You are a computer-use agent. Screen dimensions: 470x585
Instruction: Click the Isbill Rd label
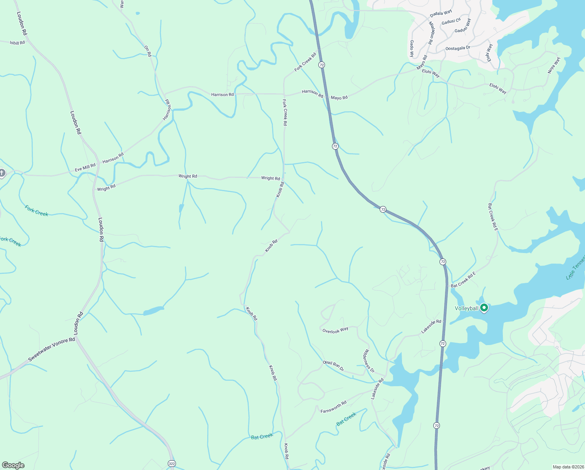[17, 43]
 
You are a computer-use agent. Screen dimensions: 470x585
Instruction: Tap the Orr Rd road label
[147, 51]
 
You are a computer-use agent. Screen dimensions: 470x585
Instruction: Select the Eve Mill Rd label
[85, 168]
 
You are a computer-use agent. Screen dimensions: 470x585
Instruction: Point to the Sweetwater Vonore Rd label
[52, 350]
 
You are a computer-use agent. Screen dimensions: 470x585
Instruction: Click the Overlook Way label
[335, 330]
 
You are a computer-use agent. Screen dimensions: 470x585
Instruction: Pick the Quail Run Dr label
[334, 365]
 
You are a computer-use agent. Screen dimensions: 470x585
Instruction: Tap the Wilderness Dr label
[369, 361]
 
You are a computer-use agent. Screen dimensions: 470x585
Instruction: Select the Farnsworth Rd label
[334, 407]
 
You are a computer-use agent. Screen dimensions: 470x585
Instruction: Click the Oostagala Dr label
[458, 48]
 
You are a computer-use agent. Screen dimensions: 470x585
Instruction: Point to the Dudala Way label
[441, 14]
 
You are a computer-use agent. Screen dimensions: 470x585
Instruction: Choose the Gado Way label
[412, 49]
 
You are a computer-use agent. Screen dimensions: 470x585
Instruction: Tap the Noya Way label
[554, 65]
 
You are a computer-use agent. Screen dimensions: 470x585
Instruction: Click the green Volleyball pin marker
[484, 308]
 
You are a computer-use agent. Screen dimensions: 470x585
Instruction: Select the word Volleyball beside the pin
[467, 309]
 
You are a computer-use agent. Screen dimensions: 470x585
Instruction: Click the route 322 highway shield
[172, 464]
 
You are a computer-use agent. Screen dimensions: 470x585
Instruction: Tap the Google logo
[13, 465]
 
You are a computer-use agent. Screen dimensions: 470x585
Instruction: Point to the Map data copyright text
[568, 467]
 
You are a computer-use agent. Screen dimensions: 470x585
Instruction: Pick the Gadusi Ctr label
[451, 22]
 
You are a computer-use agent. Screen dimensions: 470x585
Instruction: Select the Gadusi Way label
[463, 25]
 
